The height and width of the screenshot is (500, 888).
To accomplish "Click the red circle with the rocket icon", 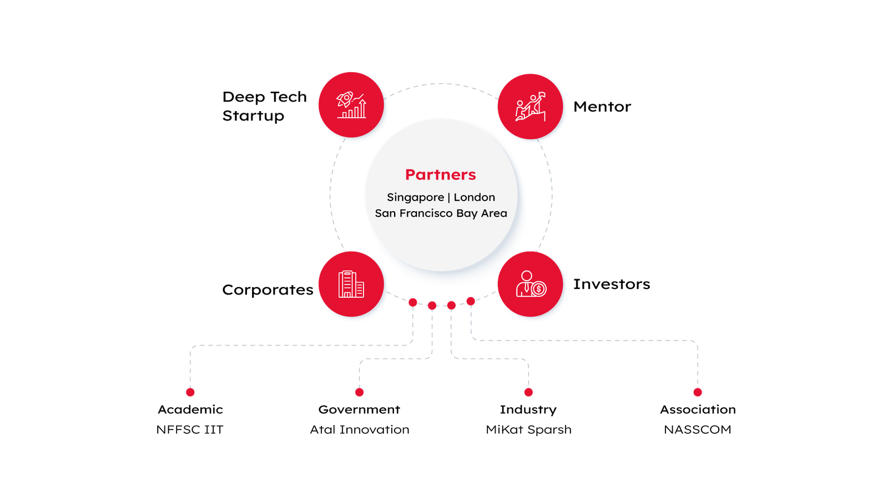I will pyautogui.click(x=351, y=104).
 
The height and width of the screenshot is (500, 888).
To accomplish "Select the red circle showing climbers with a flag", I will pyautogui.click(x=530, y=106).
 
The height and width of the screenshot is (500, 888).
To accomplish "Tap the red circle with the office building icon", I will pyautogui.click(x=351, y=283).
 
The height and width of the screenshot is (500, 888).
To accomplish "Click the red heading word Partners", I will pyautogui.click(x=441, y=174).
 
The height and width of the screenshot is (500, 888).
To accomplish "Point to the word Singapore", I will pyautogui.click(x=415, y=198).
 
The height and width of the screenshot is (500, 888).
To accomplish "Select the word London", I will pyautogui.click(x=475, y=197).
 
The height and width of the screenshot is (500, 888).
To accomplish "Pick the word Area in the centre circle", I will pyautogui.click(x=494, y=213).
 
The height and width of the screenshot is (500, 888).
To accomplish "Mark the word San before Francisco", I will pyautogui.click(x=385, y=213).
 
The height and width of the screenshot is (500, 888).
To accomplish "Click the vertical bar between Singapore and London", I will pyautogui.click(x=449, y=197).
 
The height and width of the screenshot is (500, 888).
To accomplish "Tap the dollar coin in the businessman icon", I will pyautogui.click(x=538, y=289).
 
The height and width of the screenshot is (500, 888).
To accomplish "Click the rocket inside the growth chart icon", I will pyautogui.click(x=345, y=99).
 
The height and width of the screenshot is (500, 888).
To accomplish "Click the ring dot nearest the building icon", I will pyautogui.click(x=412, y=302).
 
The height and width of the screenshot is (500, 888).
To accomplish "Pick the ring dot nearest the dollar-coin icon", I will pyautogui.click(x=471, y=301).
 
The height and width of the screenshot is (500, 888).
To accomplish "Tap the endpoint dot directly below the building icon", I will pyautogui.click(x=360, y=392).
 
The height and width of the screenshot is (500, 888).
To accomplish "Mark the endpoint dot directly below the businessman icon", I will pyautogui.click(x=528, y=392).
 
